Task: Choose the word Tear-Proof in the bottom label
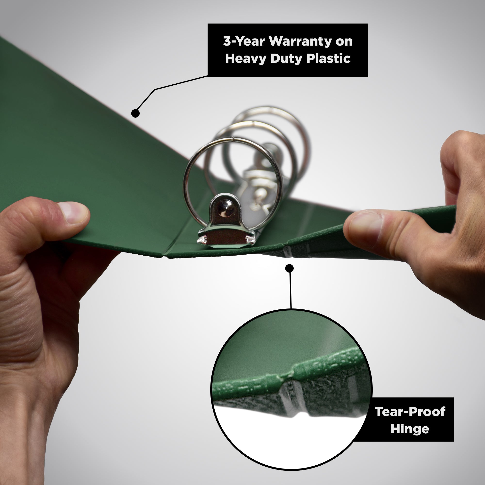(x=410, y=412)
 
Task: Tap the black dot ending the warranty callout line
(x=135, y=113)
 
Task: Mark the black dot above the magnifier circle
(x=290, y=268)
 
